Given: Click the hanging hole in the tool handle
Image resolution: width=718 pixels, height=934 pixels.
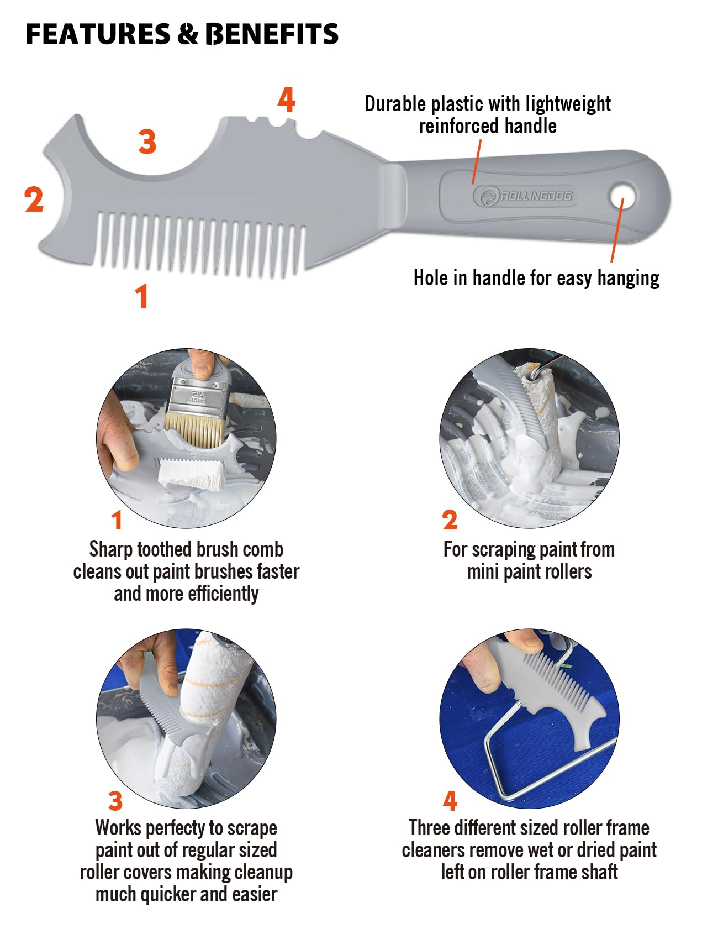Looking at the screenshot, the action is (x=622, y=195).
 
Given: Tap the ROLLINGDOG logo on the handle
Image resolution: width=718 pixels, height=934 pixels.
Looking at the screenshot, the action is (x=525, y=196).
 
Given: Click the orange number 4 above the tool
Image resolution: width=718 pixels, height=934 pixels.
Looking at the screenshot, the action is (x=286, y=100).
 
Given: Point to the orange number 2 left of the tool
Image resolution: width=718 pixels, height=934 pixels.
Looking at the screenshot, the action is (x=34, y=199).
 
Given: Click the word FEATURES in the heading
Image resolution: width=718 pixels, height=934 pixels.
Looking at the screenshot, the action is (x=98, y=34).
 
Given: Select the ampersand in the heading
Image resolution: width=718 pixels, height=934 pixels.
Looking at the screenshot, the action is (x=188, y=34).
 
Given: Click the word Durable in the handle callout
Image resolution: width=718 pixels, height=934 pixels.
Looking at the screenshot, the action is (x=395, y=103).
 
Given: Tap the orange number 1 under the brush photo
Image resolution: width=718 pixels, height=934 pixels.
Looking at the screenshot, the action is (x=117, y=520).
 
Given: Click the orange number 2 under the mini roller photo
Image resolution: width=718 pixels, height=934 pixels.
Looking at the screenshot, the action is (x=450, y=520).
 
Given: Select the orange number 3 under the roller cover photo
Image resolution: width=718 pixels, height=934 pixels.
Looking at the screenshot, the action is (x=115, y=800).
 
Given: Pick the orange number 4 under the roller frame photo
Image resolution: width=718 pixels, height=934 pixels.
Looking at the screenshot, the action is (x=450, y=800).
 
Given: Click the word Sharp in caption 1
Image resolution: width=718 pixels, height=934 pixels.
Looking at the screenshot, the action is (x=111, y=550).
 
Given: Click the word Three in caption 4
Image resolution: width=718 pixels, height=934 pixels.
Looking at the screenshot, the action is (x=429, y=828).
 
